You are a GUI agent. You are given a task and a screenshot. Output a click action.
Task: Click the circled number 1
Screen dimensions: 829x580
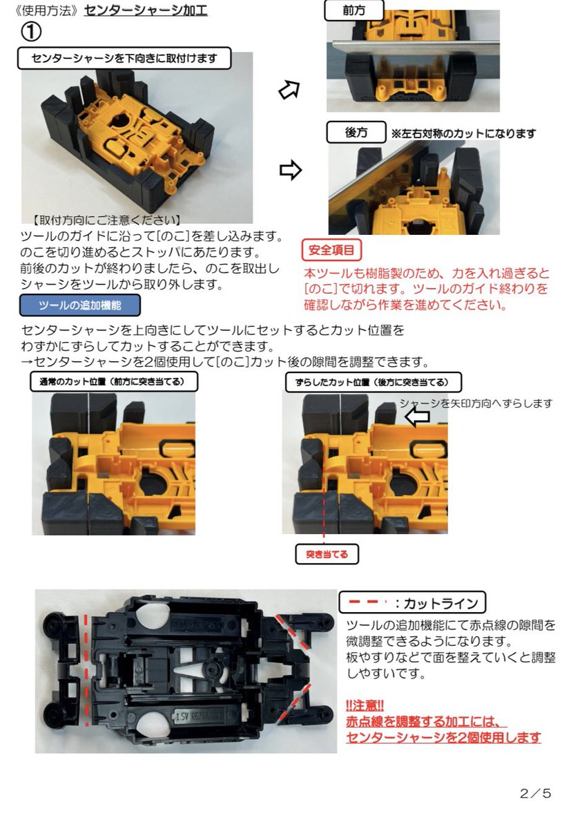click(32, 32)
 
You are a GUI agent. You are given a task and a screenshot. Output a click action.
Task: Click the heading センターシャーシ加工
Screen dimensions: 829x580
click(145, 10)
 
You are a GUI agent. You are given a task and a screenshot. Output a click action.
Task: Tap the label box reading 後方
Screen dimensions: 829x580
click(356, 133)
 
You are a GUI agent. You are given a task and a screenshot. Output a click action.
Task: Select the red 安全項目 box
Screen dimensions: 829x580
click(331, 249)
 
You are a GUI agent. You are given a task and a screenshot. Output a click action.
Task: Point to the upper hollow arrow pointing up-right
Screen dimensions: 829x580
click(289, 89)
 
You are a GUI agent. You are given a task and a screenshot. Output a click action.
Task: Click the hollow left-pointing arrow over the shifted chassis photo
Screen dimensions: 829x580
click(416, 417)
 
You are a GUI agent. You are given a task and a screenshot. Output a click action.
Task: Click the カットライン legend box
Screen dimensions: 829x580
click(412, 602)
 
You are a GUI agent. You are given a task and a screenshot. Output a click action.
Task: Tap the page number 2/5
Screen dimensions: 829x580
click(535, 793)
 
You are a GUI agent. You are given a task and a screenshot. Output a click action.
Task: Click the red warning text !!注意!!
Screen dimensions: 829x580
click(365, 706)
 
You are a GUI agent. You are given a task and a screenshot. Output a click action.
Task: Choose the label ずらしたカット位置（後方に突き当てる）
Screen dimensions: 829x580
click(373, 381)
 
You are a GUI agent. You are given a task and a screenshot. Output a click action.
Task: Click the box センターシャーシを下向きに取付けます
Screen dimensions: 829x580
click(124, 59)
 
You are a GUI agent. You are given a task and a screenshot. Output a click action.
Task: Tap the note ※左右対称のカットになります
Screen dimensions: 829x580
click(463, 134)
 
